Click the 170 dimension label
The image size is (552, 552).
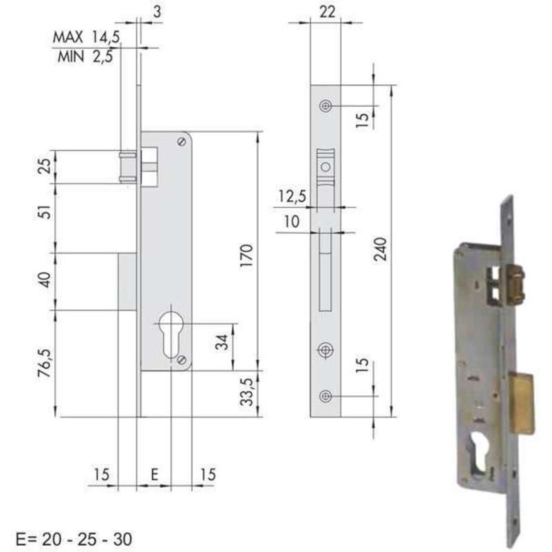coord(247,256)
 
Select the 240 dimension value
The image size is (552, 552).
coord(380,249)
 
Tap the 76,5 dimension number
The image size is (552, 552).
coord(46,363)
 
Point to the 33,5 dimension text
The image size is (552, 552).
coord(247,392)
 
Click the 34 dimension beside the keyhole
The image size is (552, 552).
coord(222,342)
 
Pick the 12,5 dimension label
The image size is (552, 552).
coord(292,196)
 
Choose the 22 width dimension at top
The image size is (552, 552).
coord(327,12)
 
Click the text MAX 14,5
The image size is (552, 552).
coord(87,37)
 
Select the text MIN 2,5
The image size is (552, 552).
coord(85,56)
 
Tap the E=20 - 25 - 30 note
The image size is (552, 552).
coord(74,539)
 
